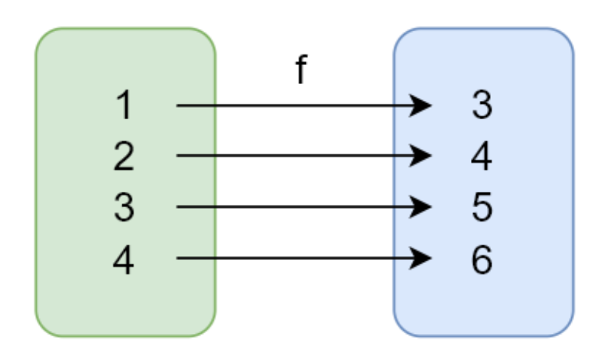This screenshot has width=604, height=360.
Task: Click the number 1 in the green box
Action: (123, 106)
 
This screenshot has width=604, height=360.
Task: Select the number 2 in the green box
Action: (123, 157)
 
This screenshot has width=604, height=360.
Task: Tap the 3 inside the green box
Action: (123, 208)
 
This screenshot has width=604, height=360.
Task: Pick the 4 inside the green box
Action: (123, 259)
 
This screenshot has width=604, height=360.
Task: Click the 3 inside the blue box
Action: (481, 106)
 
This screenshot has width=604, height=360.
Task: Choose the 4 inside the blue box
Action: (481, 157)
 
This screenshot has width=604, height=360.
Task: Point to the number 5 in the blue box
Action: (481, 208)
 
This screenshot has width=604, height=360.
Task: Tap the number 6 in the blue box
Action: (481, 259)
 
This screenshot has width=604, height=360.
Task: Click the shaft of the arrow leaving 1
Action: (298, 105)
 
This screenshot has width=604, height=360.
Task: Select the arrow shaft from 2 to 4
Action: (298, 156)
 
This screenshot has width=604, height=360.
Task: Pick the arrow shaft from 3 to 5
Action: (298, 207)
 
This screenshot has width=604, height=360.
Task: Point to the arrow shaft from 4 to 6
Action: (298, 258)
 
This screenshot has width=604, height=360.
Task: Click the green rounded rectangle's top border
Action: (125, 29)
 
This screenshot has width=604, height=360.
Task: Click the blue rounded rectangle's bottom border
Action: (483, 336)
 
